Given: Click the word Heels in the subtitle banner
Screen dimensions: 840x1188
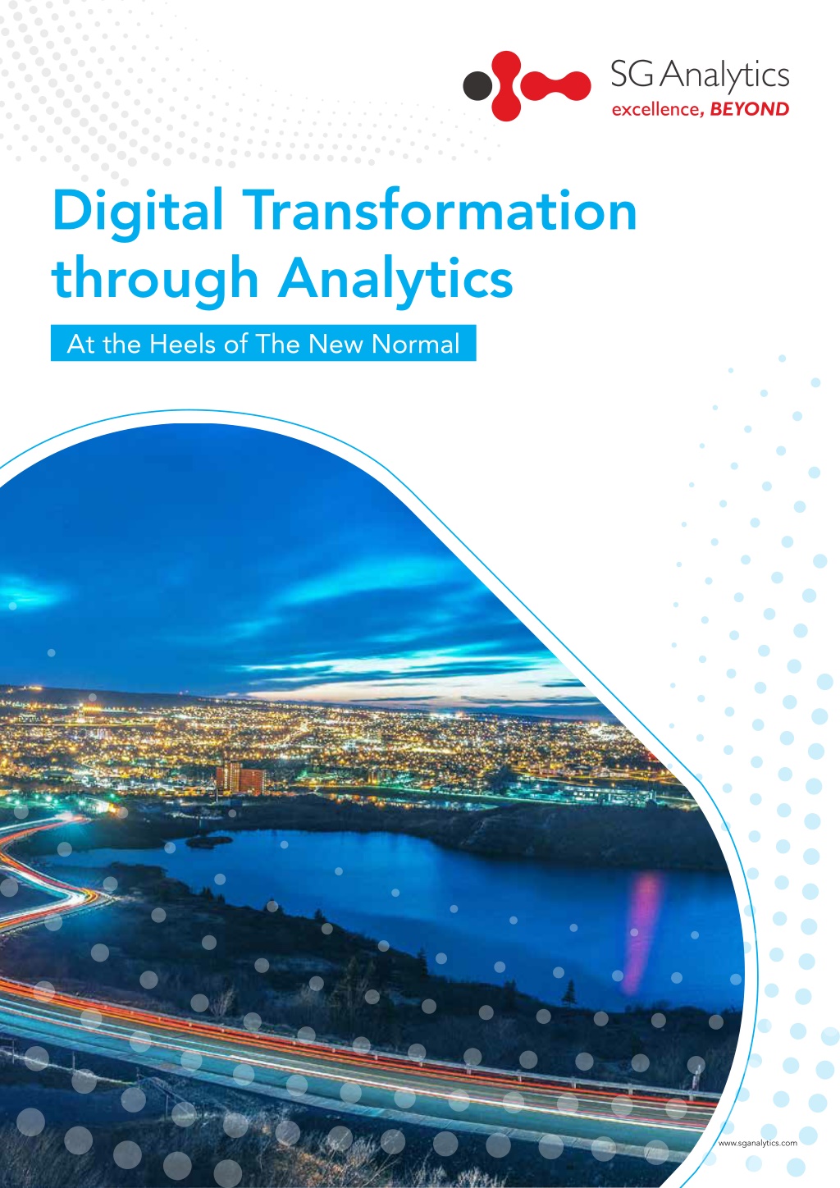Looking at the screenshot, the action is [183, 344].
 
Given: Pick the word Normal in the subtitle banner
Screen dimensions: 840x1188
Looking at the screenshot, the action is [415, 344].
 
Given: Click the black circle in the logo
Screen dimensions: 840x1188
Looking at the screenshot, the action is [477, 85].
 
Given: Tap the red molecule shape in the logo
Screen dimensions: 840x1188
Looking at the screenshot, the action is [541, 85].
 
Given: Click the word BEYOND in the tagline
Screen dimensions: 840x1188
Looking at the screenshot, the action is [749, 109].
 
